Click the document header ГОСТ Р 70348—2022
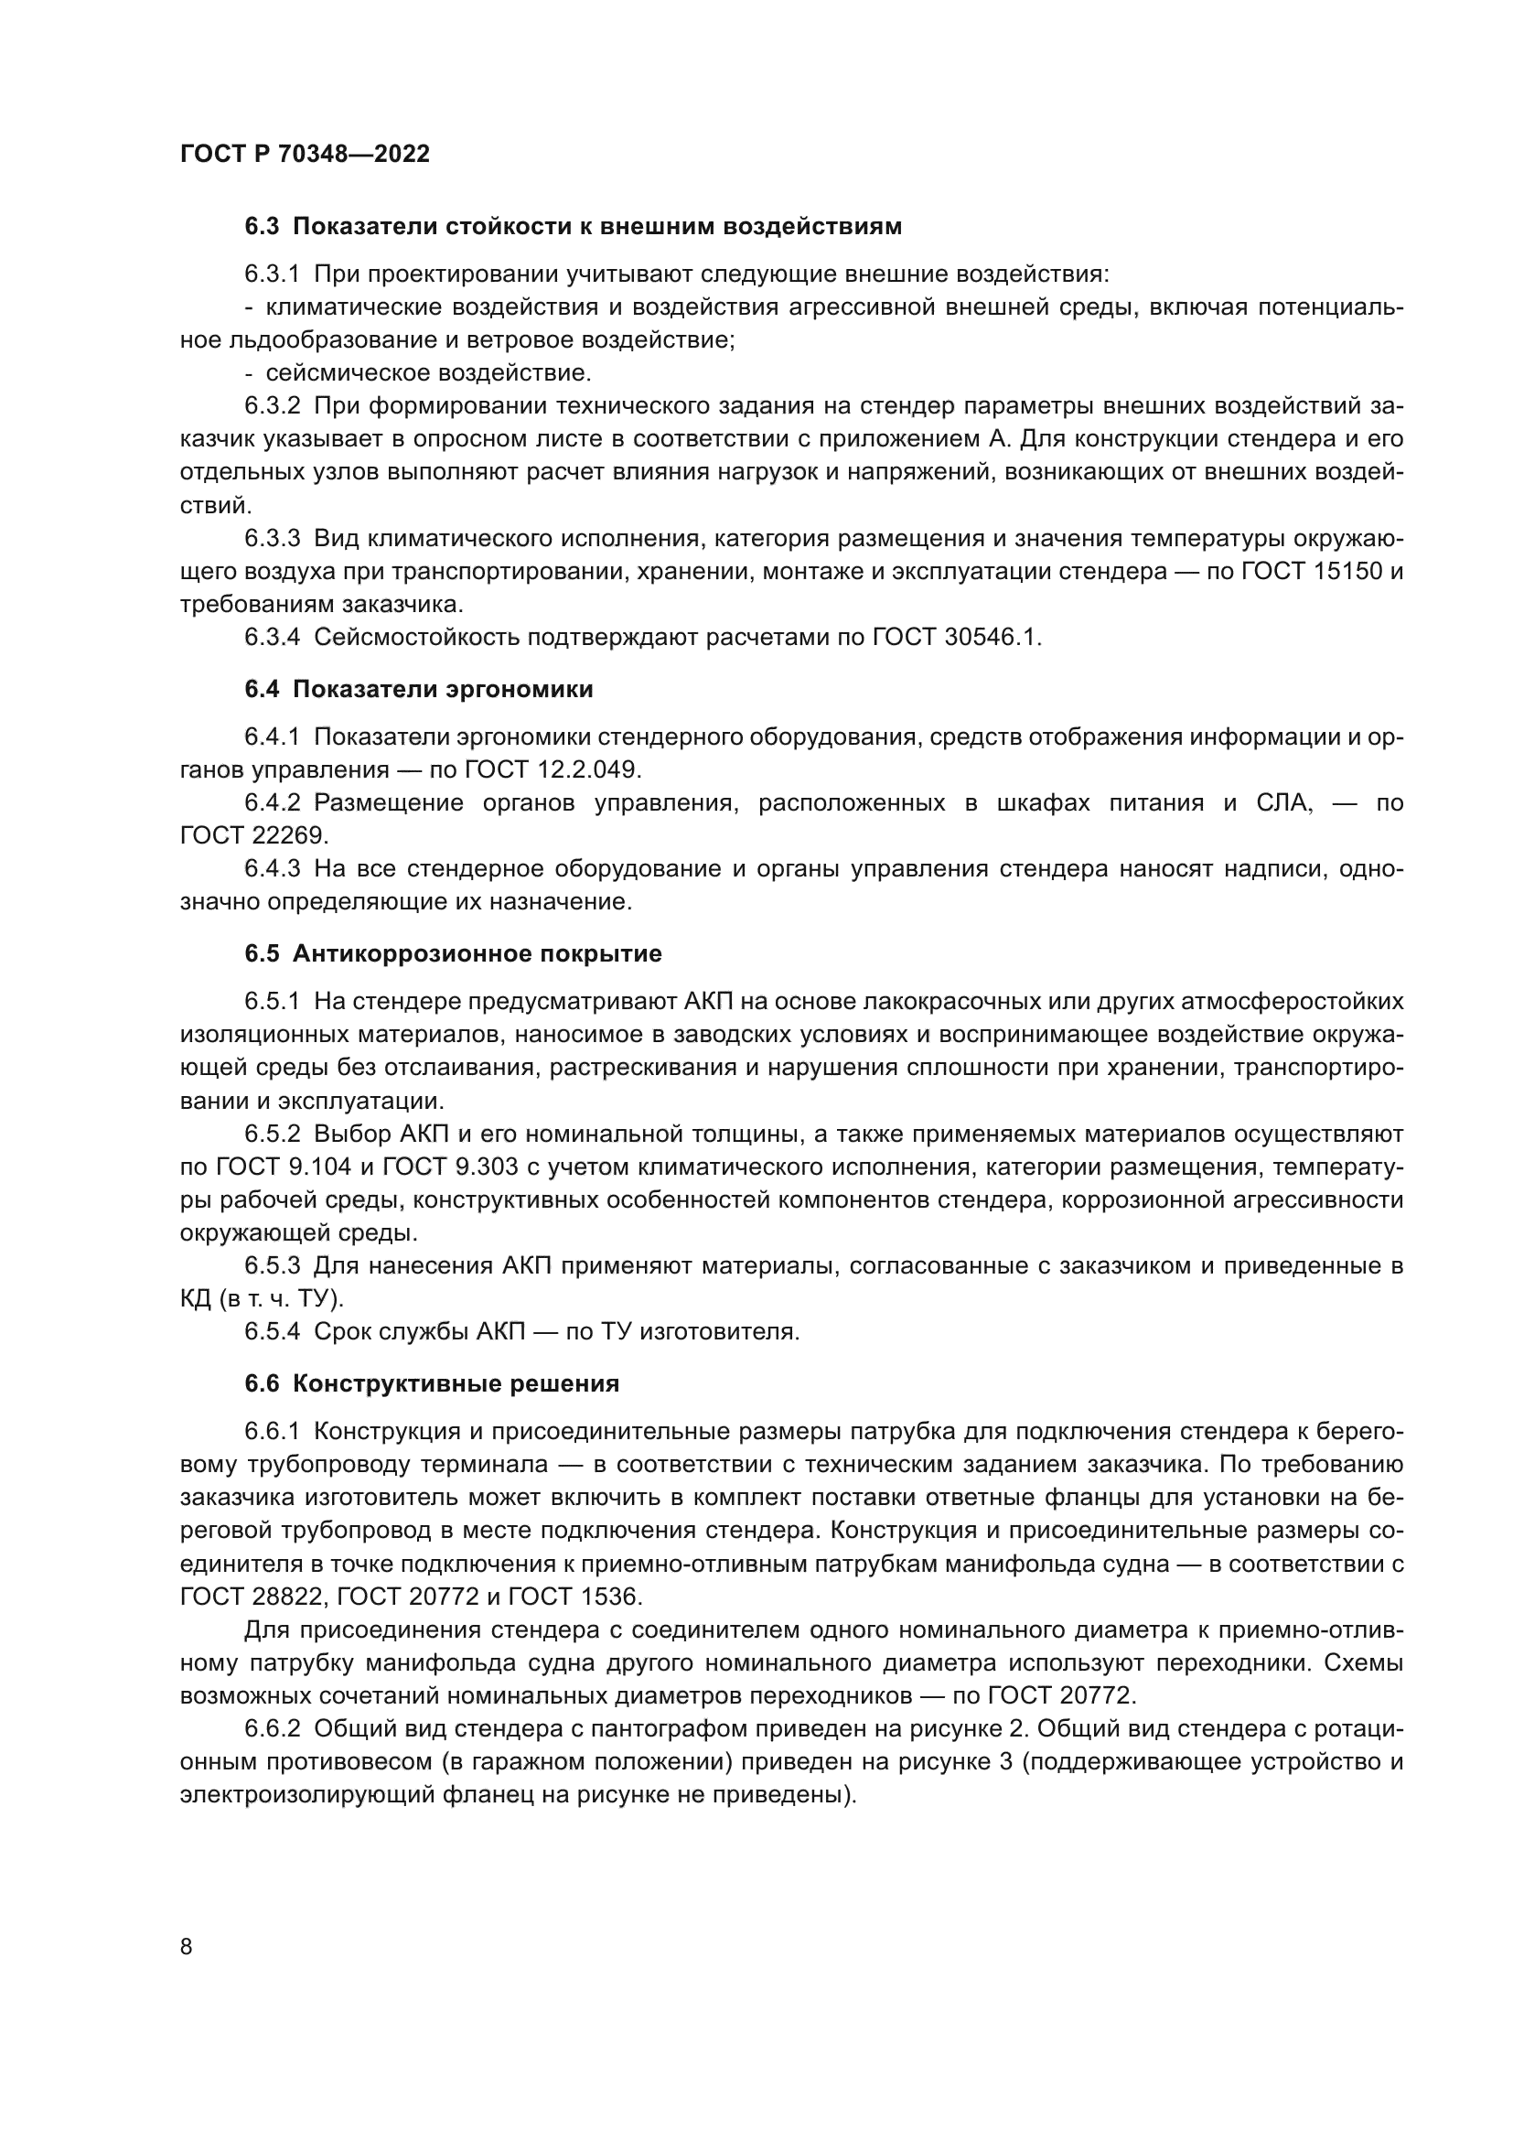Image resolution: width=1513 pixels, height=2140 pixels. (x=305, y=155)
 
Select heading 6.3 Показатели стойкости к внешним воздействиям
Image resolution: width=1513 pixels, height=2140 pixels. (x=573, y=227)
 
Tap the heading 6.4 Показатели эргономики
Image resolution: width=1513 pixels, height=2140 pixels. (x=419, y=690)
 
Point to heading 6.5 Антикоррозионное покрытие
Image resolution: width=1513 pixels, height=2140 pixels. (x=454, y=954)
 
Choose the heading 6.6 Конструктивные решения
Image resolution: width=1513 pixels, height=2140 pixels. (x=433, y=1384)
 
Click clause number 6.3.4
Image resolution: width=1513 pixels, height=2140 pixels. (x=272, y=638)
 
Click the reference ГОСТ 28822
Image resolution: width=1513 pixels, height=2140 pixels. (x=252, y=1597)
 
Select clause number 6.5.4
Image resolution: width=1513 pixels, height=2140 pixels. (x=272, y=1332)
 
